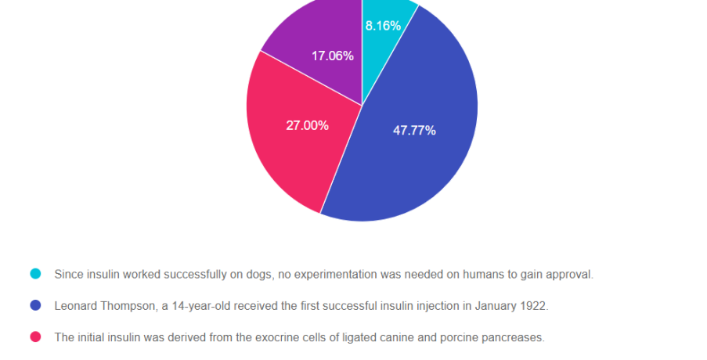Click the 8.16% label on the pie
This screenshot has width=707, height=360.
(383, 26)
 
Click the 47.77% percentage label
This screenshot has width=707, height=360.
(414, 131)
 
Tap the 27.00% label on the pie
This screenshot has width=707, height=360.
(307, 125)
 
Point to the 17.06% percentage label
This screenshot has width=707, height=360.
(332, 56)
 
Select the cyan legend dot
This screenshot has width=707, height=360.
(35, 274)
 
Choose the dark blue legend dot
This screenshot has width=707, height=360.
(35, 305)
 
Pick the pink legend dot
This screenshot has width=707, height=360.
(35, 337)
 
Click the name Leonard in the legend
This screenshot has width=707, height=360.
(75, 305)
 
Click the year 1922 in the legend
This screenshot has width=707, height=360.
(532, 305)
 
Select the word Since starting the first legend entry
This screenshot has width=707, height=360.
(68, 274)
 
